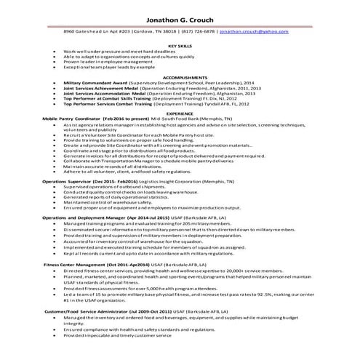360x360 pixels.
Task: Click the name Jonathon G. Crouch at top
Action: pyautogui.click(x=180, y=17)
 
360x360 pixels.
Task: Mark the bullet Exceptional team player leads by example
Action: pyautogui.click(x=108, y=67)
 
